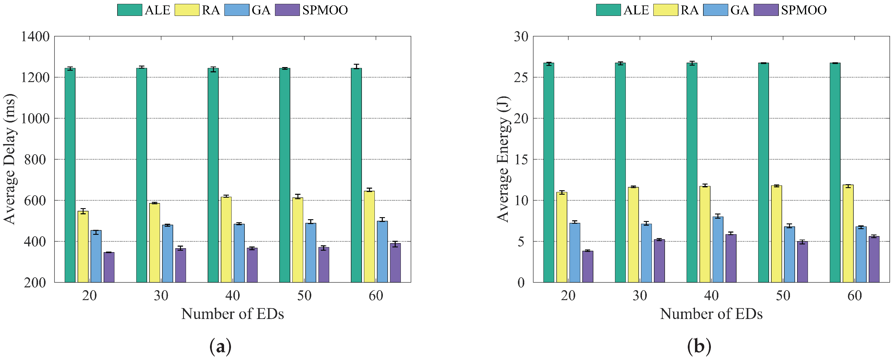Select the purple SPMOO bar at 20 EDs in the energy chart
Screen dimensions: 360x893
pos(587,267)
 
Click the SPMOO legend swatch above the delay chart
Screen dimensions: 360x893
pos(287,10)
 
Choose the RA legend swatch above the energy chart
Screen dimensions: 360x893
pos(666,10)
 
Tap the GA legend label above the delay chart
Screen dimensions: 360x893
pos(261,10)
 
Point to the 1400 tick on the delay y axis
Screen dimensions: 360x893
pos(35,36)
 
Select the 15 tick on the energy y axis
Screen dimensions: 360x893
pos(521,159)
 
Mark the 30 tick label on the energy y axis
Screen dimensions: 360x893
pos(521,36)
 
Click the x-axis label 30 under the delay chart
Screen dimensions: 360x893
pos(161,296)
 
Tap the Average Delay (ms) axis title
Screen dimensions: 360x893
pos(10,159)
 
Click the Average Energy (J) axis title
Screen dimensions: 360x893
pos(503,159)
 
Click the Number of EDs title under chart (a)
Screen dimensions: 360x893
pos(232,314)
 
